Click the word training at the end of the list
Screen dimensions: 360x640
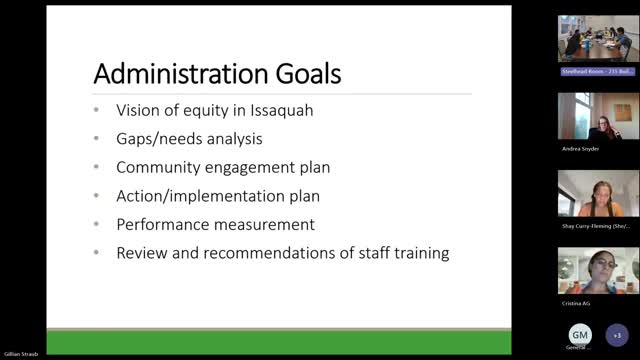point(419,253)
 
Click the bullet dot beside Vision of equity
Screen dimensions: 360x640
point(96,111)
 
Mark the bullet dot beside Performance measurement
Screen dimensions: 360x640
point(96,225)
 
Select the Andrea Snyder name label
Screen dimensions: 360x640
point(581,147)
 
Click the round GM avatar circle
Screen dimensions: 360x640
point(580,334)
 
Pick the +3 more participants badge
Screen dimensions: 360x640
point(618,334)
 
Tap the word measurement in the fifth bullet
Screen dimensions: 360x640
point(265,224)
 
